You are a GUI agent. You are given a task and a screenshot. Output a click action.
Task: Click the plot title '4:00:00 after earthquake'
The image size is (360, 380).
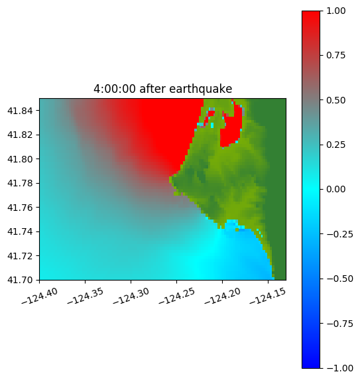point(163,89)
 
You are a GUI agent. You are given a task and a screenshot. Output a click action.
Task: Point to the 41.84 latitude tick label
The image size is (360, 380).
point(20,111)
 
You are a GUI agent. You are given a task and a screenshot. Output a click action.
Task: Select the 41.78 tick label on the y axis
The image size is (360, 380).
point(20,183)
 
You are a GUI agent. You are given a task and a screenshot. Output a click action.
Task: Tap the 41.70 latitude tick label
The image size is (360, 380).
point(20,280)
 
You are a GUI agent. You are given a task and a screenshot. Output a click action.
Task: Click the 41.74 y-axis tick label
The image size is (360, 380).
point(20,231)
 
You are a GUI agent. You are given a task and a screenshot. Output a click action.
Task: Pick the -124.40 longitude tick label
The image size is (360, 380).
point(40,296)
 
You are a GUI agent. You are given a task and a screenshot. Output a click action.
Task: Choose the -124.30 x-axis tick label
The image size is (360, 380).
point(131,296)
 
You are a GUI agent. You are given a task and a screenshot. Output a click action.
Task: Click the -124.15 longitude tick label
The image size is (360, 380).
point(268,296)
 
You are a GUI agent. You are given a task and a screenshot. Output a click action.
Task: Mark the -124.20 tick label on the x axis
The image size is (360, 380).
point(222,296)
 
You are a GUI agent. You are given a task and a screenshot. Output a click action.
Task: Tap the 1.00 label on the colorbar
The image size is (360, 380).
point(335,11)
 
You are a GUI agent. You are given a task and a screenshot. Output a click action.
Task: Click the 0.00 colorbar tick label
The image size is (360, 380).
point(335,189)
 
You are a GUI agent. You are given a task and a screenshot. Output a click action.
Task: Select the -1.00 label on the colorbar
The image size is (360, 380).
point(339,368)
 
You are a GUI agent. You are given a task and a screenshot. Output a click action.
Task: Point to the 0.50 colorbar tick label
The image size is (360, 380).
point(335,100)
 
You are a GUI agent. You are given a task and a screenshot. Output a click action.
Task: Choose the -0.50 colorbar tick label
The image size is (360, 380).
point(339,279)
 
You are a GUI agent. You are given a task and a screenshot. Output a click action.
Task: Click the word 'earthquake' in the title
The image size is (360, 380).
point(201,89)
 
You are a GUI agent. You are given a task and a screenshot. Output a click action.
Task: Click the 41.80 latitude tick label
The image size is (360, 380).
point(20,159)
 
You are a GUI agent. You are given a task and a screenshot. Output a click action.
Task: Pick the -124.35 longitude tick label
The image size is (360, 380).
point(86,296)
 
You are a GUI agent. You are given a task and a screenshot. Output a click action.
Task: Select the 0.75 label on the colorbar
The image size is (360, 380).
point(335,56)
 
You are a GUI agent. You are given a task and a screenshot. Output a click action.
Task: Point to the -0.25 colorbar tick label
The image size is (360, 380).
point(339,234)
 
